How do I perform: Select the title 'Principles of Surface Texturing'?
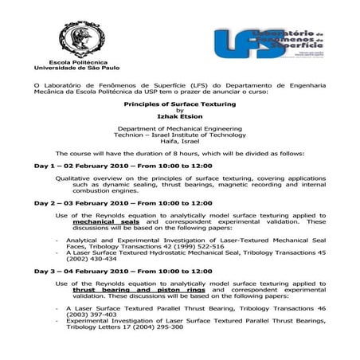pyautogui.click(x=178, y=104)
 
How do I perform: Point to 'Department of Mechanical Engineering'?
pyautogui.click(x=178, y=128)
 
